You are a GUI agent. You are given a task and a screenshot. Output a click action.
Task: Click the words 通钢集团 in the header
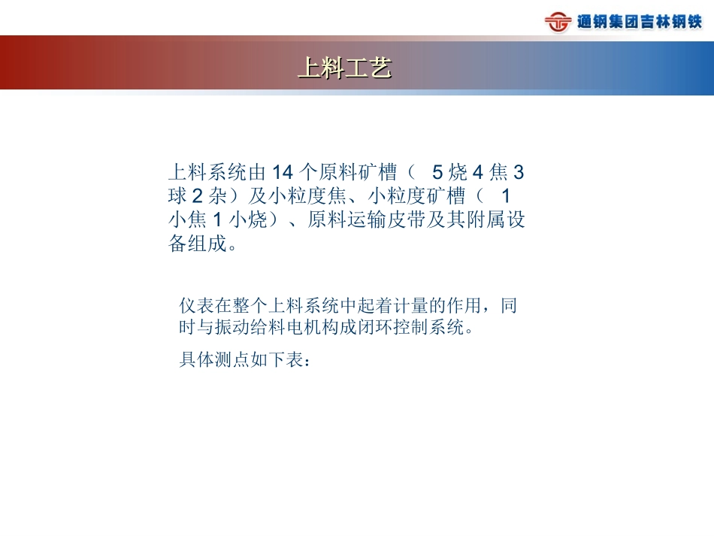click(607, 22)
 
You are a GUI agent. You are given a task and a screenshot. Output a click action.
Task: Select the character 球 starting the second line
click(177, 197)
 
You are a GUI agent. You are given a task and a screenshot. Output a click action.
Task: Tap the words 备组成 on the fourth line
click(197, 244)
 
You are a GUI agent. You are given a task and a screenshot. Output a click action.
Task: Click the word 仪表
click(196, 306)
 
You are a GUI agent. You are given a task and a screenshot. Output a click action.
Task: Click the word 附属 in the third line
click(479, 221)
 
